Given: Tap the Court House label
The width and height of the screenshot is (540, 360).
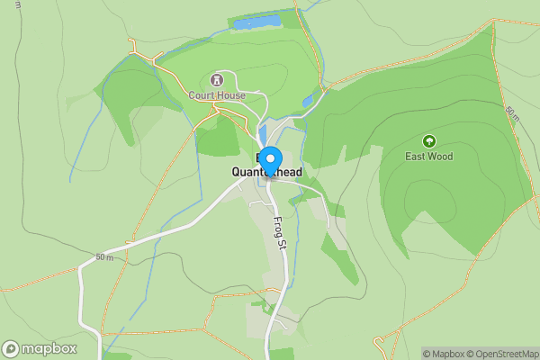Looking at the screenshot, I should pyautogui.click(x=216, y=94).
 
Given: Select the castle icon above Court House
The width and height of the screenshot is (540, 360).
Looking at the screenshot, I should pyautogui.click(x=216, y=80).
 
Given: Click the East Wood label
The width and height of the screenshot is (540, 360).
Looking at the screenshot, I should pyautogui.click(x=428, y=157).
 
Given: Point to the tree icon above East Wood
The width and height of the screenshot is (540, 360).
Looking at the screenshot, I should pyautogui.click(x=428, y=141).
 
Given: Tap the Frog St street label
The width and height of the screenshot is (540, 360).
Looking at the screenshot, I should pyautogui.click(x=279, y=231).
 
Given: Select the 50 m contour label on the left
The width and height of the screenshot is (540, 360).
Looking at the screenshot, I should pyautogui.click(x=104, y=258).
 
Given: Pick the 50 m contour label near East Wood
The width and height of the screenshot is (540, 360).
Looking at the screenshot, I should pyautogui.click(x=512, y=114).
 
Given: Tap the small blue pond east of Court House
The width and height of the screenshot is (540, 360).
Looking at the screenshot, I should pyautogui.click(x=308, y=101).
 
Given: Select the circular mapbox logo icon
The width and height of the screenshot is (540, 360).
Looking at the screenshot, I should pyautogui.click(x=12, y=348).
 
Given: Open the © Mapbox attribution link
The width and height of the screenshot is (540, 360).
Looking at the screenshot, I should pyautogui.click(x=445, y=354).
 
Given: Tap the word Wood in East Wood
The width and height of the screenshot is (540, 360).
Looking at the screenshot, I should pyautogui.click(x=441, y=157).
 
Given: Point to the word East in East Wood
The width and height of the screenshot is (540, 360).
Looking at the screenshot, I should pyautogui.click(x=416, y=157).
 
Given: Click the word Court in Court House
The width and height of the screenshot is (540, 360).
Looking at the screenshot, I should pyautogui.click(x=202, y=94).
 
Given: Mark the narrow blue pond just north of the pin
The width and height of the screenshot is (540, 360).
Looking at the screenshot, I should pyautogui.click(x=263, y=133).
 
